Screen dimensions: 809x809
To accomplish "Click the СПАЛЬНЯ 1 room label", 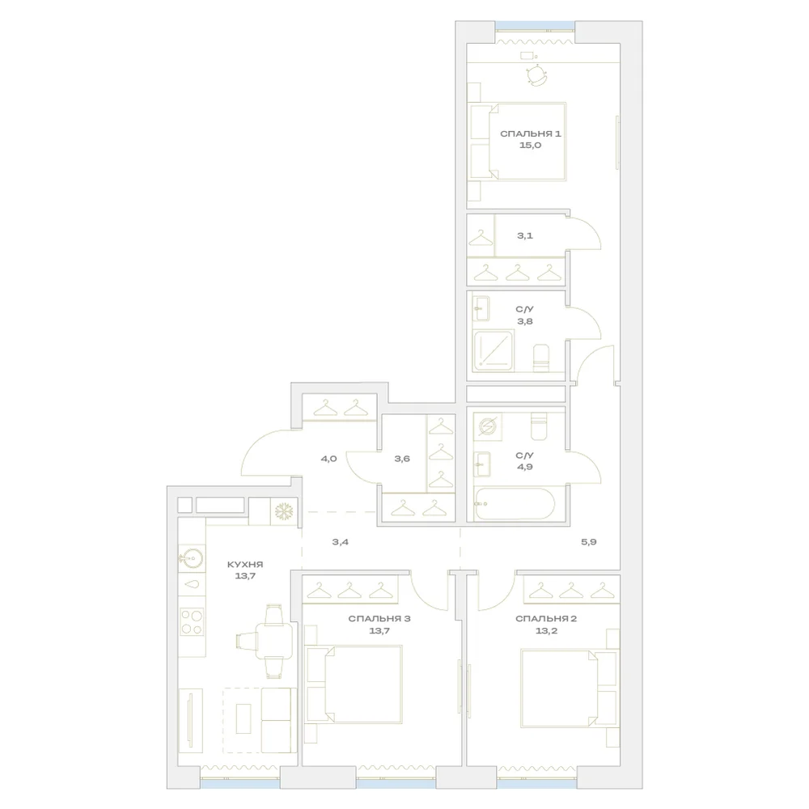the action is [531, 134].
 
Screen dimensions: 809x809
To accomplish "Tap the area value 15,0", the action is [531, 146].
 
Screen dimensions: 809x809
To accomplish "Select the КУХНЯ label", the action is [245, 565].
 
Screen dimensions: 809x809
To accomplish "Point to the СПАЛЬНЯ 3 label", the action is [379, 619].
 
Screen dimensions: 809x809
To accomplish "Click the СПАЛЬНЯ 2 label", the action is [546, 619].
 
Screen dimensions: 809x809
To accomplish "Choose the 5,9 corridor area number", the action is [589, 542].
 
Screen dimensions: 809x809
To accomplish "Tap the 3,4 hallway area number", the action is [340, 542].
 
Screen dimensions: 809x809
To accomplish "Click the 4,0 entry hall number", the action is [328, 459].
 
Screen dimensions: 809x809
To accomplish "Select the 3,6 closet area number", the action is [402, 459].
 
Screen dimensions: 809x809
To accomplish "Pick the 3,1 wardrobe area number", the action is [525, 235].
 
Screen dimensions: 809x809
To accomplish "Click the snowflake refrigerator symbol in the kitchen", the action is [284, 511].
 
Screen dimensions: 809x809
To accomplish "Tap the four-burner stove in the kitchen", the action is [192, 621].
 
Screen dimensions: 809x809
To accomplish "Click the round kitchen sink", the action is [192, 557].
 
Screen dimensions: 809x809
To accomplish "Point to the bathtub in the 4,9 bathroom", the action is [515, 503].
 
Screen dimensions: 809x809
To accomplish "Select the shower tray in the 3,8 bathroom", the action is [493, 349].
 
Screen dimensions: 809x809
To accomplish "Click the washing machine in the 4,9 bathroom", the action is [488, 426].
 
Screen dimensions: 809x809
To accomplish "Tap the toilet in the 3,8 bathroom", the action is [540, 358].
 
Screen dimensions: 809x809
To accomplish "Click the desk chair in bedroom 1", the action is [536, 75].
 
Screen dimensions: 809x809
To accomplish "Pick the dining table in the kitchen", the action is [273, 641].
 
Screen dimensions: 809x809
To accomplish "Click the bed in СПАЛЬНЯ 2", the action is [569, 688].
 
